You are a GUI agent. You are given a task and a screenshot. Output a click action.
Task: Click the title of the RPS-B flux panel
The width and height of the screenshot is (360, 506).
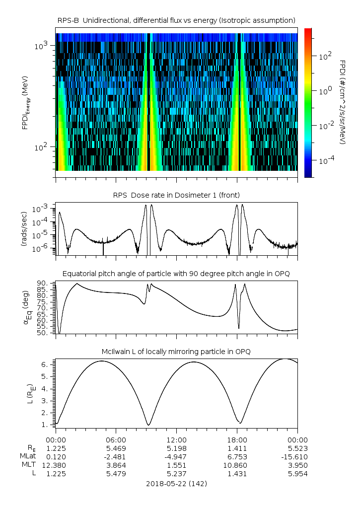click(176, 20)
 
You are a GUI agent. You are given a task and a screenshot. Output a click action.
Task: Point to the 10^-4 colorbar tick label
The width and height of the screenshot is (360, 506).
click(325, 160)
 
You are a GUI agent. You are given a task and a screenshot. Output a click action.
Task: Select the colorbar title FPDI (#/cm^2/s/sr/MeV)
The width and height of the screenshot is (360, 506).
click(342, 102)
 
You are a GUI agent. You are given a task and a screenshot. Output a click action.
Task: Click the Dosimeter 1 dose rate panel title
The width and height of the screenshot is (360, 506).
click(176, 195)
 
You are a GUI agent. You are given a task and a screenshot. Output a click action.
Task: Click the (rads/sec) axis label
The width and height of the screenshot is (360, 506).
click(24, 229)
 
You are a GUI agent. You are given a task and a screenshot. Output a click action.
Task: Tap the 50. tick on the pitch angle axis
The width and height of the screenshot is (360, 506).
click(43, 333)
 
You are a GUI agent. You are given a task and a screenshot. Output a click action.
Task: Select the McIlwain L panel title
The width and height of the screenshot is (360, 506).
click(176, 352)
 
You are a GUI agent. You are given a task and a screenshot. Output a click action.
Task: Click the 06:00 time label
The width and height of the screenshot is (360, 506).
click(116, 439)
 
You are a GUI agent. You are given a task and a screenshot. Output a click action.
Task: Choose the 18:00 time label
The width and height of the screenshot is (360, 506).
click(237, 439)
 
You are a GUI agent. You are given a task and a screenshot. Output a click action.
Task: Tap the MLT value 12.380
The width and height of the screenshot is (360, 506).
click(56, 465)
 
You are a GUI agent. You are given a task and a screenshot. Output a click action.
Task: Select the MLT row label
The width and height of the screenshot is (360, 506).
click(27, 465)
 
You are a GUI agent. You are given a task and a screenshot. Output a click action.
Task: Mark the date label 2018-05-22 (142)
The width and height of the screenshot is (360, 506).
click(176, 483)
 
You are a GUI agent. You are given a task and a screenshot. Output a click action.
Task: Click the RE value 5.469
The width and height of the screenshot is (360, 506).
click(116, 448)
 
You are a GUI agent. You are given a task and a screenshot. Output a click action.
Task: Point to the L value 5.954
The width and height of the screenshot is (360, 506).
click(297, 473)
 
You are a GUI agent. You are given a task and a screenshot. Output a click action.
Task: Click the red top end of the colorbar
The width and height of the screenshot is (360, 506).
click(307, 31)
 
